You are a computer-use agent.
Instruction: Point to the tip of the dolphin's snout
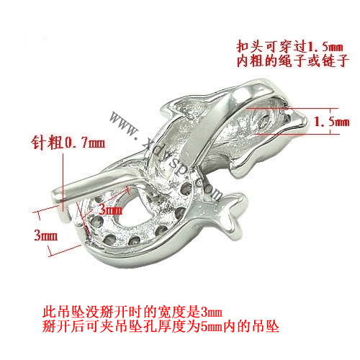click(x=307, y=121)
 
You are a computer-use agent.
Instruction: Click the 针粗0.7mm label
click(x=68, y=143)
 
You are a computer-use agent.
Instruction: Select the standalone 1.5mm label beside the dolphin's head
click(x=331, y=122)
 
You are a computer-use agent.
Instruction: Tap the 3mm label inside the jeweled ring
click(x=111, y=210)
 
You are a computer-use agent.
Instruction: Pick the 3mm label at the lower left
click(x=46, y=235)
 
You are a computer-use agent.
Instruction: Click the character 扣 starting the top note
click(x=243, y=47)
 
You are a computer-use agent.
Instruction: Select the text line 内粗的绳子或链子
click(x=292, y=61)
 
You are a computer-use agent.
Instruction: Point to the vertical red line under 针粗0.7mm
click(x=63, y=182)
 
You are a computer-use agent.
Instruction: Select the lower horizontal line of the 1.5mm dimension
click(x=297, y=134)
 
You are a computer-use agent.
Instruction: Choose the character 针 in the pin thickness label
click(x=38, y=143)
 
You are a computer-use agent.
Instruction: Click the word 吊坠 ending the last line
click(x=266, y=326)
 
